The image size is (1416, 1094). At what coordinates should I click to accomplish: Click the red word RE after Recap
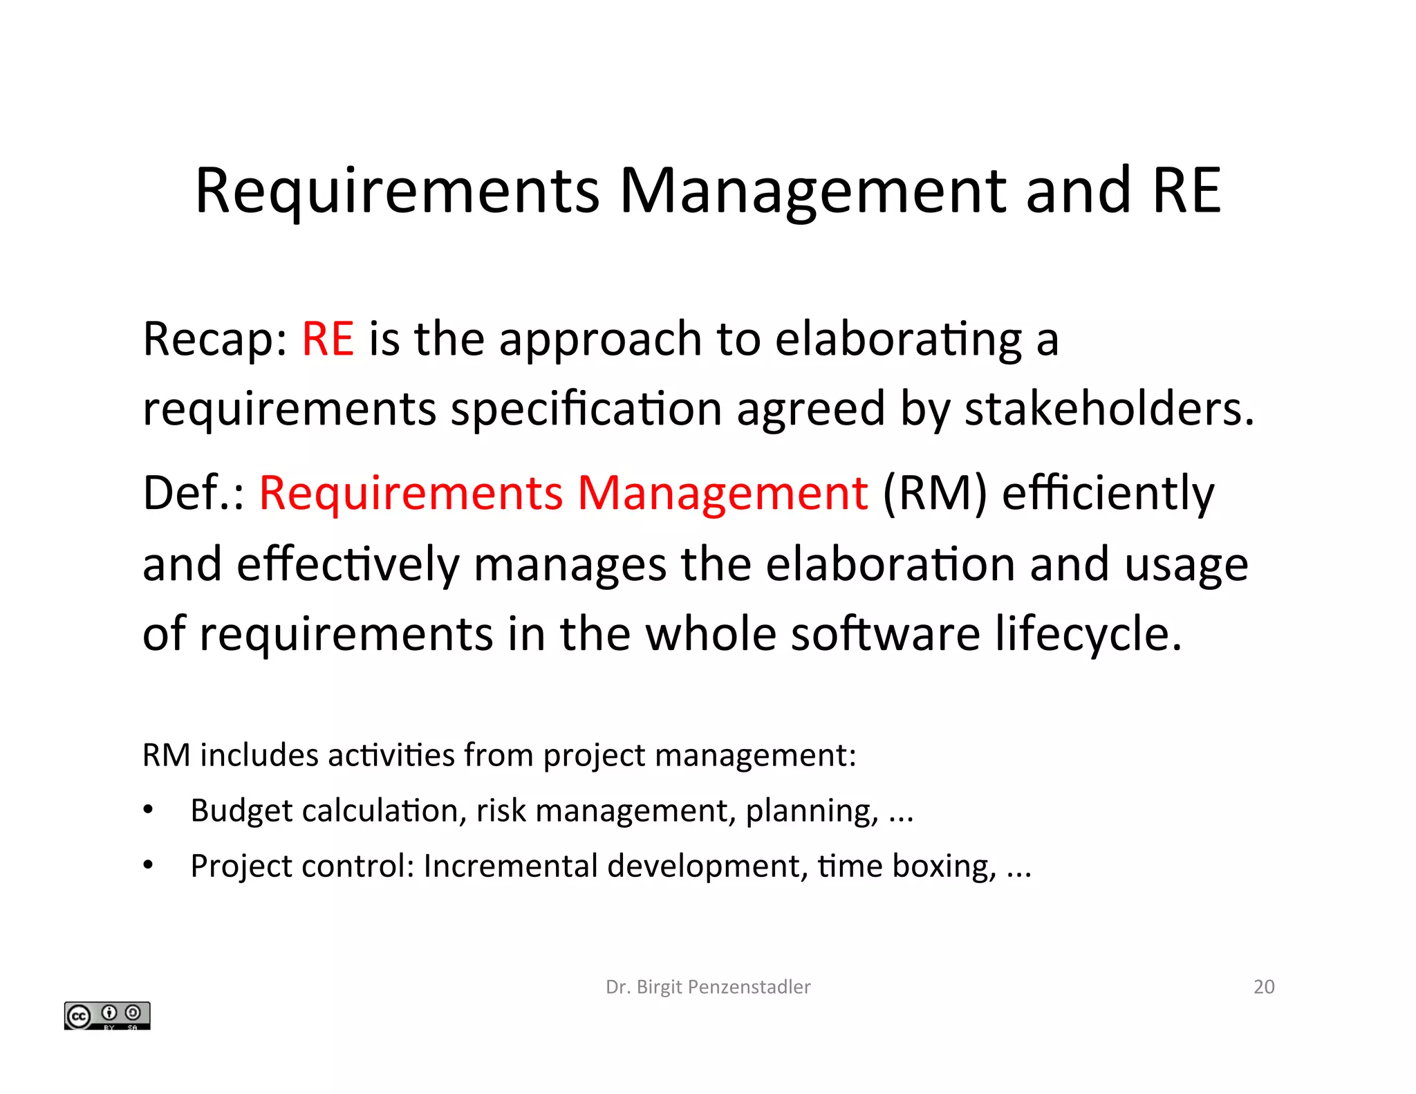tap(328, 339)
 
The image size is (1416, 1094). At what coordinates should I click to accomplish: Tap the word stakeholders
tap(1108, 409)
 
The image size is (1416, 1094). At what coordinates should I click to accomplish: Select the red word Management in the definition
tap(722, 493)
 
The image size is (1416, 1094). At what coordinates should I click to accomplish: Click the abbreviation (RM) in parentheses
tap(935, 494)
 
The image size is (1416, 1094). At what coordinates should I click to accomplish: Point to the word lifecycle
tap(1088, 634)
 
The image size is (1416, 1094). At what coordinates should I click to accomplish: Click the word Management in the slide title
tap(812, 191)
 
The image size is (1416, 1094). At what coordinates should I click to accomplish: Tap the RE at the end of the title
tap(1186, 191)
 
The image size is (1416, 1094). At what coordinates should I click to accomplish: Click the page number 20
tap(1263, 987)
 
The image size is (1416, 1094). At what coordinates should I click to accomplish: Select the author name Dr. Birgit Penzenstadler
tap(707, 987)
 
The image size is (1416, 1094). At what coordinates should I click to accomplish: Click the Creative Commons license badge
tap(107, 1015)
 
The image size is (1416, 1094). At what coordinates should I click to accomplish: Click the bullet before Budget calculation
tap(148, 810)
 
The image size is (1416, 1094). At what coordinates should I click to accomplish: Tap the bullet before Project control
tap(148, 866)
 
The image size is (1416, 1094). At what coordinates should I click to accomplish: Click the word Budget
tap(241, 810)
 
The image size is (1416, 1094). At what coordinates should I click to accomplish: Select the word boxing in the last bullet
tap(944, 866)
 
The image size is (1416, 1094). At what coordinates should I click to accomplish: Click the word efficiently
tap(1108, 494)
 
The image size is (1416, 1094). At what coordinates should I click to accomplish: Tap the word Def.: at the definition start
tap(193, 494)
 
